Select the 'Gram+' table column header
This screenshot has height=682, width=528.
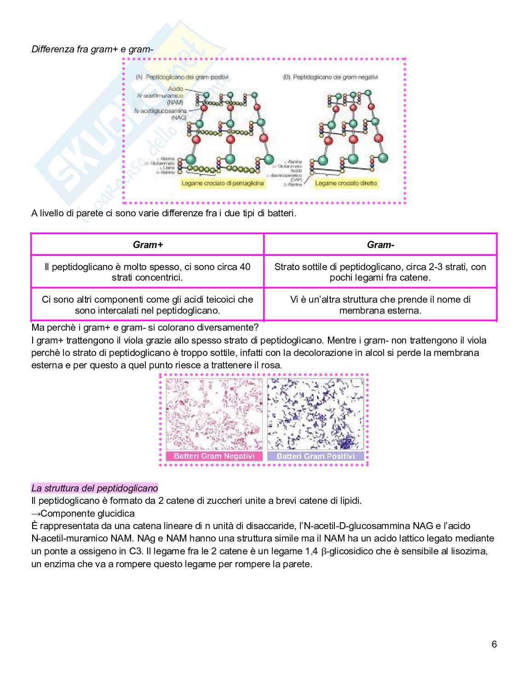148,245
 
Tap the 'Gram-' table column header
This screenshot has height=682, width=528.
380,245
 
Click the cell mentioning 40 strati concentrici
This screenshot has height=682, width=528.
148,272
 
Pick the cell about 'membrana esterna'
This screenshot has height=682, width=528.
380,304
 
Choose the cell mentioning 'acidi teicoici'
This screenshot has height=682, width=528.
148,304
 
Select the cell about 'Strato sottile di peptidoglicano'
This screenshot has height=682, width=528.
380,272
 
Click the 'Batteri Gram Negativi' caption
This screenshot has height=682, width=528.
214,456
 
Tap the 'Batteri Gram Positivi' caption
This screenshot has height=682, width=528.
316,456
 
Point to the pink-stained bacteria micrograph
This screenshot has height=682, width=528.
214,413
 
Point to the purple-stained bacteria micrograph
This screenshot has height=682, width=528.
316,413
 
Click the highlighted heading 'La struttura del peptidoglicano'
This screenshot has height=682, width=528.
94,488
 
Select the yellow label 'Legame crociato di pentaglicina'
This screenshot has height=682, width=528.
223,183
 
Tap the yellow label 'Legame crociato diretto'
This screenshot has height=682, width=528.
345,183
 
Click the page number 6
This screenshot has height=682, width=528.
494,644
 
